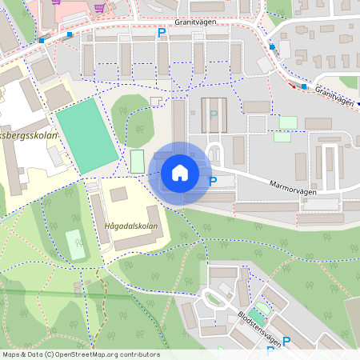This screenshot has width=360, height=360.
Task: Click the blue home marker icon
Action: pyautogui.click(x=180, y=173)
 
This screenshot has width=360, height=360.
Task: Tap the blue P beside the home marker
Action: pyautogui.click(x=213, y=182)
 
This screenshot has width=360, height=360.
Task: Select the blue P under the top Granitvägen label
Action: pyautogui.click(x=161, y=33)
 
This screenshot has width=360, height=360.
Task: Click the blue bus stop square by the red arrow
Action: pyautogui.click(x=304, y=86)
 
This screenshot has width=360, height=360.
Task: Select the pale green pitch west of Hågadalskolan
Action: pyautogui.click(x=74, y=245)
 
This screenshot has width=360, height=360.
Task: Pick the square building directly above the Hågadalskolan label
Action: pyautogui.click(x=118, y=194)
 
